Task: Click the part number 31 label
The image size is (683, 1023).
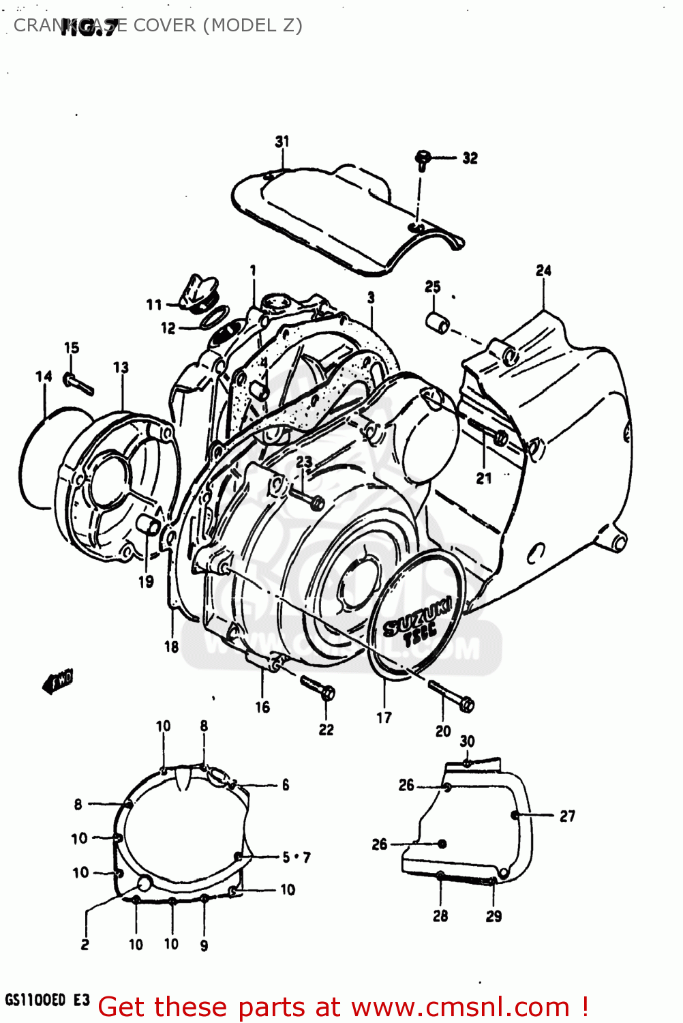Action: [x=282, y=141]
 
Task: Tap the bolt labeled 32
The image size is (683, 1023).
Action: [x=422, y=160]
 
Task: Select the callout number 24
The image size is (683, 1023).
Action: [x=543, y=271]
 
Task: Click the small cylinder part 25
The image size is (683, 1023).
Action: [x=437, y=322]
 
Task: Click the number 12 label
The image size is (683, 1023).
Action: [x=168, y=329]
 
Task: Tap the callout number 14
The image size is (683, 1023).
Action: [x=44, y=376]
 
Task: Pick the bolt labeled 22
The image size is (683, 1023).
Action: [x=317, y=687]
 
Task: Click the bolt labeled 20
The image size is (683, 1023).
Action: [x=451, y=696]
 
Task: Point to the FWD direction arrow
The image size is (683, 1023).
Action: [x=58, y=681]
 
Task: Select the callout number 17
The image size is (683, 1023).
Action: [x=384, y=717]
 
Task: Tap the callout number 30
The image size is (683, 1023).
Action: [x=467, y=741]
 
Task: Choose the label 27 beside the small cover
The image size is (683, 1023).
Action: [x=567, y=816]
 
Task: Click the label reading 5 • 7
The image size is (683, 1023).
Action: [x=297, y=857]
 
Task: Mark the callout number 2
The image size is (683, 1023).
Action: [x=85, y=945]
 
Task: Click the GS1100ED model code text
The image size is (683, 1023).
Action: [x=36, y=1000]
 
